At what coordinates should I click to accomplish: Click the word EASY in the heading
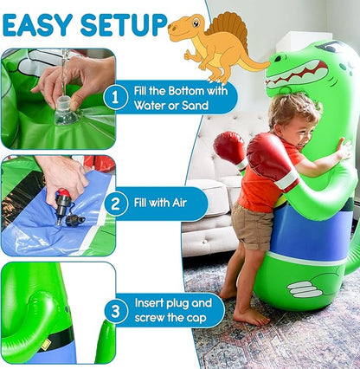click(37, 25)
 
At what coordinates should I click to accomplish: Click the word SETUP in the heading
click(124, 25)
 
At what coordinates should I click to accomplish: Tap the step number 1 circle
click(115, 98)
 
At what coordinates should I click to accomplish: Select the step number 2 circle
click(115, 204)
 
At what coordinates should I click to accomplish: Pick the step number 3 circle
click(116, 312)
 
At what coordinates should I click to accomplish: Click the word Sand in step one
click(195, 106)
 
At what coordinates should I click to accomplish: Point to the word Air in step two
click(179, 203)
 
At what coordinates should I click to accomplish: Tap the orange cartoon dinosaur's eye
click(196, 22)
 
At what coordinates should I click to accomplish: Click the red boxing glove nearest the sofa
click(231, 150)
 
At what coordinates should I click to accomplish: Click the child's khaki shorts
click(252, 225)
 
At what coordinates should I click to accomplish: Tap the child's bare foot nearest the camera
click(250, 316)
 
